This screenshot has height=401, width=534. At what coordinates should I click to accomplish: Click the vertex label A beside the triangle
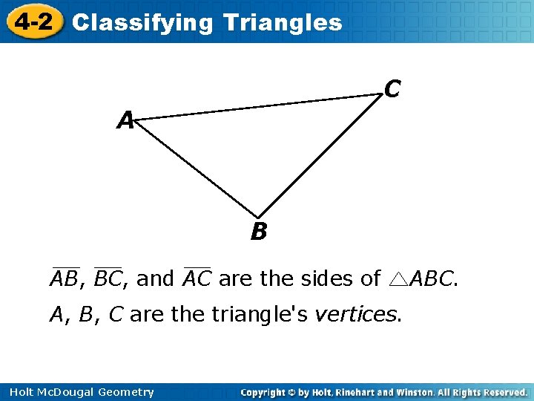point(125,120)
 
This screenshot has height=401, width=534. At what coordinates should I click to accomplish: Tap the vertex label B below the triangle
point(258,232)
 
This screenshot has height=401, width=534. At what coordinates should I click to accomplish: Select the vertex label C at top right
point(393,89)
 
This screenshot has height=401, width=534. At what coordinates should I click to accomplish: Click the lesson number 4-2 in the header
point(33,22)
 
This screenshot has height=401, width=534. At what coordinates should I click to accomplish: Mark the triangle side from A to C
point(260,105)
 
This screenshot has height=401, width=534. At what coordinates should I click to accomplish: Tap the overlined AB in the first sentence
point(65,278)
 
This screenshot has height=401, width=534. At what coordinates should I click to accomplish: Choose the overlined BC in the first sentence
point(108,278)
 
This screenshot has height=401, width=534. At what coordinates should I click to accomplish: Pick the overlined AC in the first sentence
point(197,278)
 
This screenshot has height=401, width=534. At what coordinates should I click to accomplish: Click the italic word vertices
point(357,315)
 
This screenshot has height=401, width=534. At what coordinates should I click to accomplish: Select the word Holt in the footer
point(21,392)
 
